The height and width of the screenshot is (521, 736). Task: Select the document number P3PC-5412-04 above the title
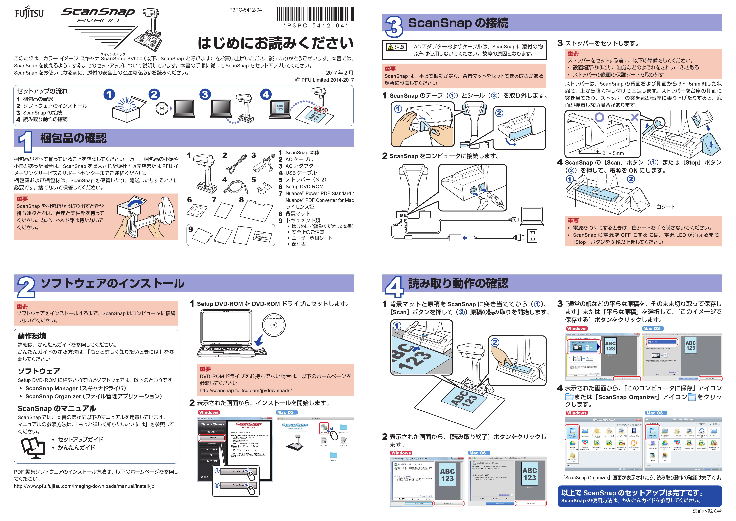[245, 10]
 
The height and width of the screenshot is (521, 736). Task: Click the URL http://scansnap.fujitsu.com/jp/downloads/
[246, 390]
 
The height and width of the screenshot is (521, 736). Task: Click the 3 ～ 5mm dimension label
[613, 153]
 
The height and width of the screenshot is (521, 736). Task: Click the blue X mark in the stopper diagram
[634, 117]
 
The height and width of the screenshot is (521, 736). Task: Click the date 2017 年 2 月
[339, 73]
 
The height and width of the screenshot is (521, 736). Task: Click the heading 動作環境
[32, 336]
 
